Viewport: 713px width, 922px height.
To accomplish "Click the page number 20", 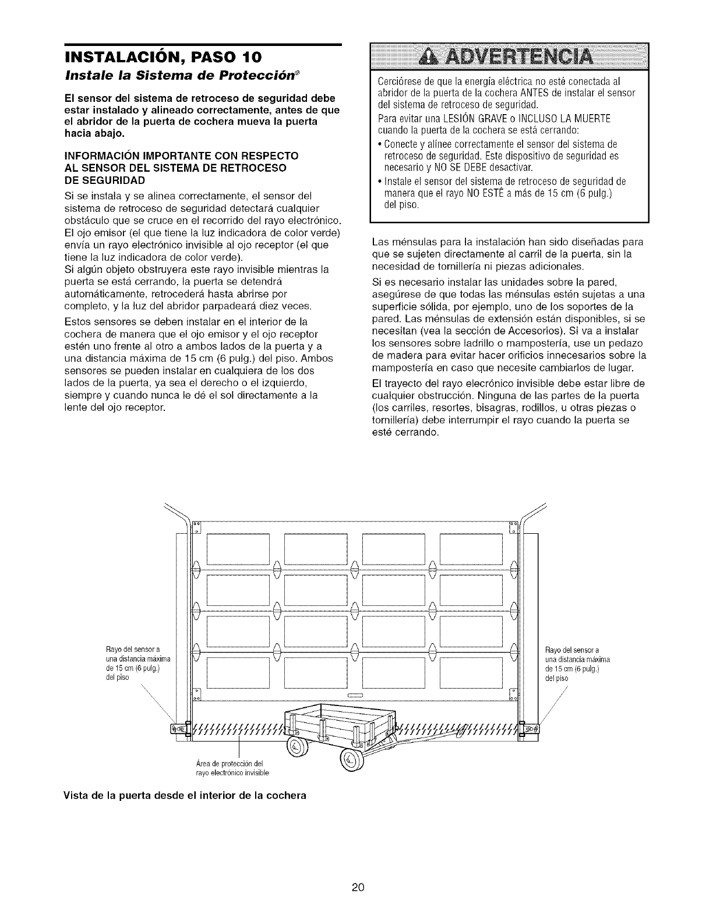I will pos(357,887).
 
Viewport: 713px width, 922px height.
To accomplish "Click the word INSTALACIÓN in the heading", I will pos(114,58).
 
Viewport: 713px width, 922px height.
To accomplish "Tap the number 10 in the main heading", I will pos(245,58).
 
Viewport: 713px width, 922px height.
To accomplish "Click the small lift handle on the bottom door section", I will pos(355,695).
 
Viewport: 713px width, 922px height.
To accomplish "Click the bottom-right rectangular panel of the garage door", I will pos(471,673).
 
